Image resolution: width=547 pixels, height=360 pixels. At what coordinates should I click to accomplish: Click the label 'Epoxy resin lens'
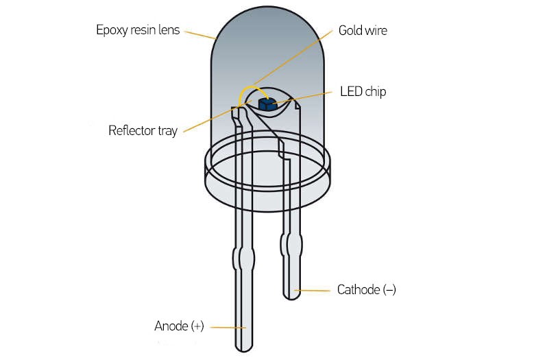click(x=138, y=30)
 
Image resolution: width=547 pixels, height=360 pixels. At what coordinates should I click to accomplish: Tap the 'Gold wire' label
click(x=363, y=30)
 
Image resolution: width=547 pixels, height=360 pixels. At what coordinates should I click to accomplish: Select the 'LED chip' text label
click(x=363, y=92)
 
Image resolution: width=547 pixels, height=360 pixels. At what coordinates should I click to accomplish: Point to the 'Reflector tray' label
click(x=143, y=131)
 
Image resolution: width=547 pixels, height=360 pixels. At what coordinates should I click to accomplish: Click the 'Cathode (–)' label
click(x=367, y=290)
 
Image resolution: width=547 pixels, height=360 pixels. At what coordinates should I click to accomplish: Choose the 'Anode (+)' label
click(x=180, y=326)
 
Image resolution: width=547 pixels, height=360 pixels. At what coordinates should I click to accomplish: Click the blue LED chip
click(x=267, y=104)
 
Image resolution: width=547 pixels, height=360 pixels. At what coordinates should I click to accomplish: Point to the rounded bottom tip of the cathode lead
click(x=291, y=296)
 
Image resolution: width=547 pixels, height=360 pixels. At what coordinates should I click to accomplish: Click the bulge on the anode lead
click(x=243, y=259)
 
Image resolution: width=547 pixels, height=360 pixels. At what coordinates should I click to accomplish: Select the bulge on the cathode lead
click(x=291, y=244)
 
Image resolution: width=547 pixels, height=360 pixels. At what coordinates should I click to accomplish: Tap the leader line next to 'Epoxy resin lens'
click(x=200, y=35)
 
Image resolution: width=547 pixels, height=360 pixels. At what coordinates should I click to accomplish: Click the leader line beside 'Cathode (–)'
click(x=312, y=290)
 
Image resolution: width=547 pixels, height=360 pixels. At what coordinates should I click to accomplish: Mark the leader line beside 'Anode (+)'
click(x=228, y=328)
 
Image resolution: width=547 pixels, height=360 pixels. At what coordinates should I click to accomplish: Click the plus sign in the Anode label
click(x=197, y=326)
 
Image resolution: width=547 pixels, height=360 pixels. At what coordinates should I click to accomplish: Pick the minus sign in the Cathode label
click(x=389, y=290)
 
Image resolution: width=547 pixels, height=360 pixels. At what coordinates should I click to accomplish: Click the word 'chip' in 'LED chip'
click(x=375, y=92)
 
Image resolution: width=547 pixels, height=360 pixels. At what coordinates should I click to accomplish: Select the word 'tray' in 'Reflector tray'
click(x=168, y=132)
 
